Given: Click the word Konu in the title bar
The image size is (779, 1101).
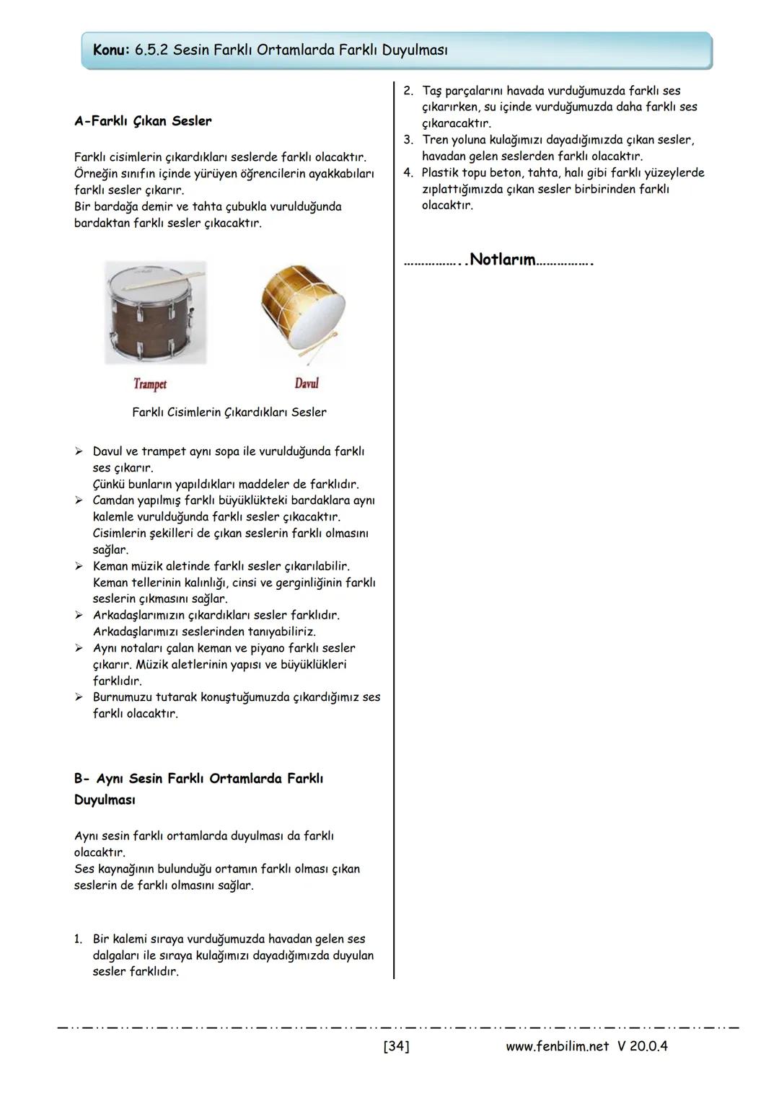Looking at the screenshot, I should click(110, 50).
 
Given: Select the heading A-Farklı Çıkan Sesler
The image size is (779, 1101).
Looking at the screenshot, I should click(143, 121).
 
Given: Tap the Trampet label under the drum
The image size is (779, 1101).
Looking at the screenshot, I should click(150, 384).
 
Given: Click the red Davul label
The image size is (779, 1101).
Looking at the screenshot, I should click(307, 383).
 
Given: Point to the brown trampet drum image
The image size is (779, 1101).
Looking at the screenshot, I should click(155, 317).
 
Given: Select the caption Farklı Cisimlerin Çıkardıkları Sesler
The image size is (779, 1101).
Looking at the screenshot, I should click(229, 412).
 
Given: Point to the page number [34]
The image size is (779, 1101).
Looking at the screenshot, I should click(396, 1045).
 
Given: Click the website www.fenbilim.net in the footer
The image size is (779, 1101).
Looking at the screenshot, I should click(557, 1045).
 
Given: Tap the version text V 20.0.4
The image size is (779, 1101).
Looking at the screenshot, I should click(643, 1045).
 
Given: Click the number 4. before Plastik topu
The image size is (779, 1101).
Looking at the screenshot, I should click(408, 173).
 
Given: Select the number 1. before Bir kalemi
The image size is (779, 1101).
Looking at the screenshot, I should click(78, 939).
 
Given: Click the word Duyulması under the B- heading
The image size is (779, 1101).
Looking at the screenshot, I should click(105, 800).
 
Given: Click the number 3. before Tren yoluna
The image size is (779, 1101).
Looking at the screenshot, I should click(408, 140).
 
